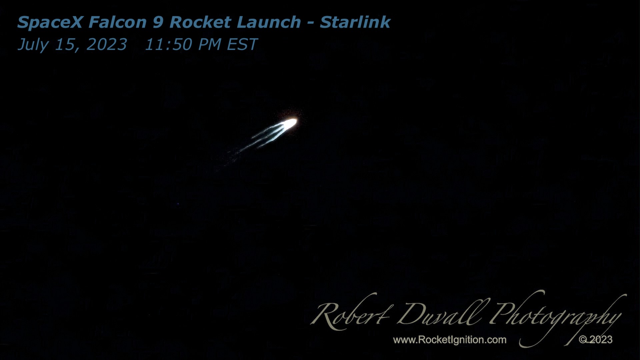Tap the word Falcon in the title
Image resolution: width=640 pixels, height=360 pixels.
tap(118, 22)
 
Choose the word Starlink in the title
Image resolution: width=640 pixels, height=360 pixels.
tap(355, 22)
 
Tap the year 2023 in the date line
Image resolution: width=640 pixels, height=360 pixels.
tap(107, 44)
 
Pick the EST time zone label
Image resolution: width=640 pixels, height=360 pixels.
tap(242, 44)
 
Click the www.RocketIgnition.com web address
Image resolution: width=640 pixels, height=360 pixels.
tap(450, 340)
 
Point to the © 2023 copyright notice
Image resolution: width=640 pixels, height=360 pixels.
tap(596, 340)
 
